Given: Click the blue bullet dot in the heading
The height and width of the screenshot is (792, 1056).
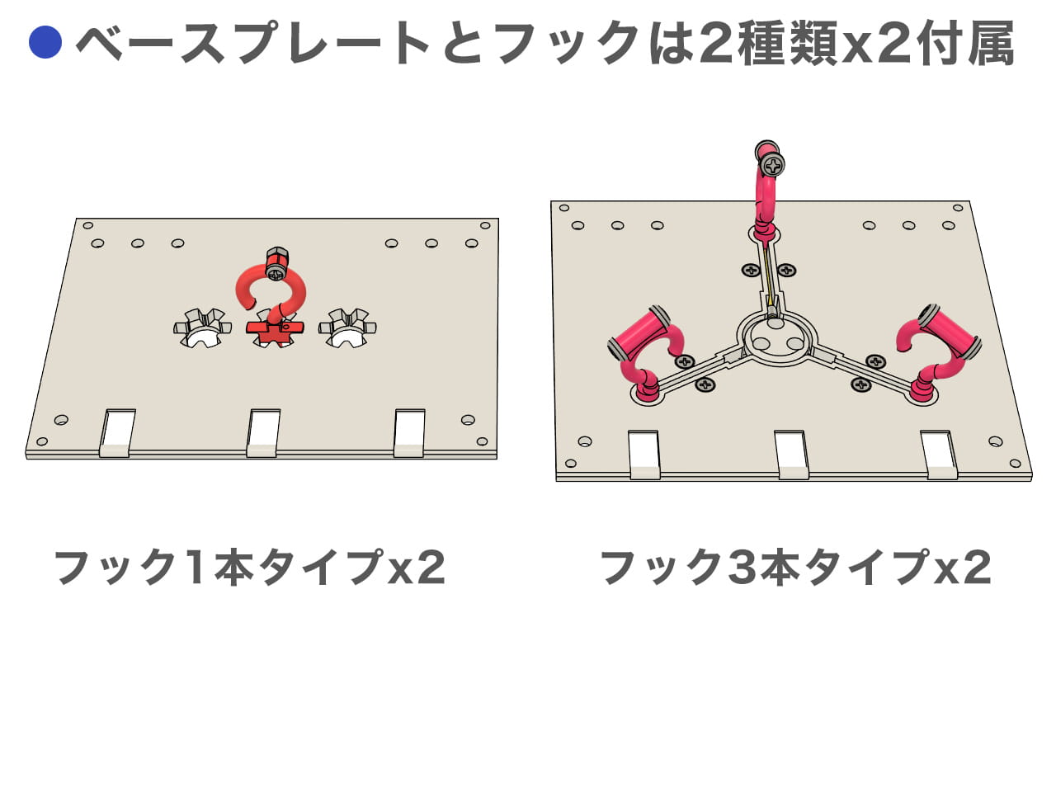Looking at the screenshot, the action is (x=45, y=42).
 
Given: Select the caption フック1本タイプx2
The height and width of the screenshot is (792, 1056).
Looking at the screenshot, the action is (x=250, y=567).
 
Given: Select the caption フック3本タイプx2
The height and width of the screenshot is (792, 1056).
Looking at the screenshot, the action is (x=795, y=567).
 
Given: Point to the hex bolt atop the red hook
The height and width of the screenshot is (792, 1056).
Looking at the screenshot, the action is (x=276, y=257).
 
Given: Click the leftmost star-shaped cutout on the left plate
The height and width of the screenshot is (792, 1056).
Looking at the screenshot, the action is (x=202, y=329).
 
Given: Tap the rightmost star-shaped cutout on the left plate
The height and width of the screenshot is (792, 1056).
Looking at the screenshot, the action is (x=347, y=329).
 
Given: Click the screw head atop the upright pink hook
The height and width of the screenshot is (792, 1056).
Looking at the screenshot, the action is (x=773, y=167).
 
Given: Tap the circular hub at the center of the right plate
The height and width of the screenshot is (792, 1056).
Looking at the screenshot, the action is (x=775, y=340).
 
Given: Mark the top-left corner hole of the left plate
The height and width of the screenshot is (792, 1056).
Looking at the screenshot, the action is (x=88, y=225).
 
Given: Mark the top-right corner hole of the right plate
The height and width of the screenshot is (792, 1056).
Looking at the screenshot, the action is (x=958, y=208).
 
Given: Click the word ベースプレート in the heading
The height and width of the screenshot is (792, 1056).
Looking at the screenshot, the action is (x=252, y=42).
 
